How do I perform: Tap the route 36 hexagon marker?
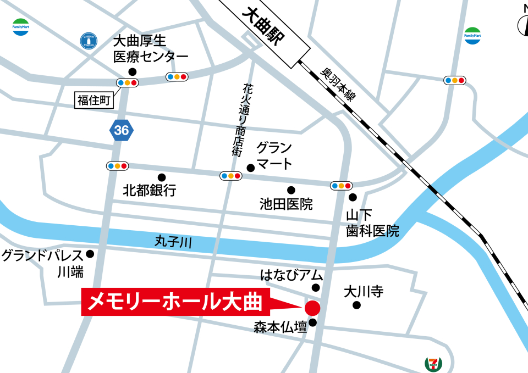coord(122,130)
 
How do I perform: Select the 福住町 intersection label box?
coord(94,99)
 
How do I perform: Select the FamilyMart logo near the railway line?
coord(472,36)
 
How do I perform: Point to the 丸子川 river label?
coord(173,242)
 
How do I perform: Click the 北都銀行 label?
coord(150,191)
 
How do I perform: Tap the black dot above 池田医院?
coord(291,190)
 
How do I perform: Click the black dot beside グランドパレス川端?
coord(90,254)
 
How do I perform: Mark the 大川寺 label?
coord(363,291)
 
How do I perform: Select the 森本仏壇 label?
coord(280,328)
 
